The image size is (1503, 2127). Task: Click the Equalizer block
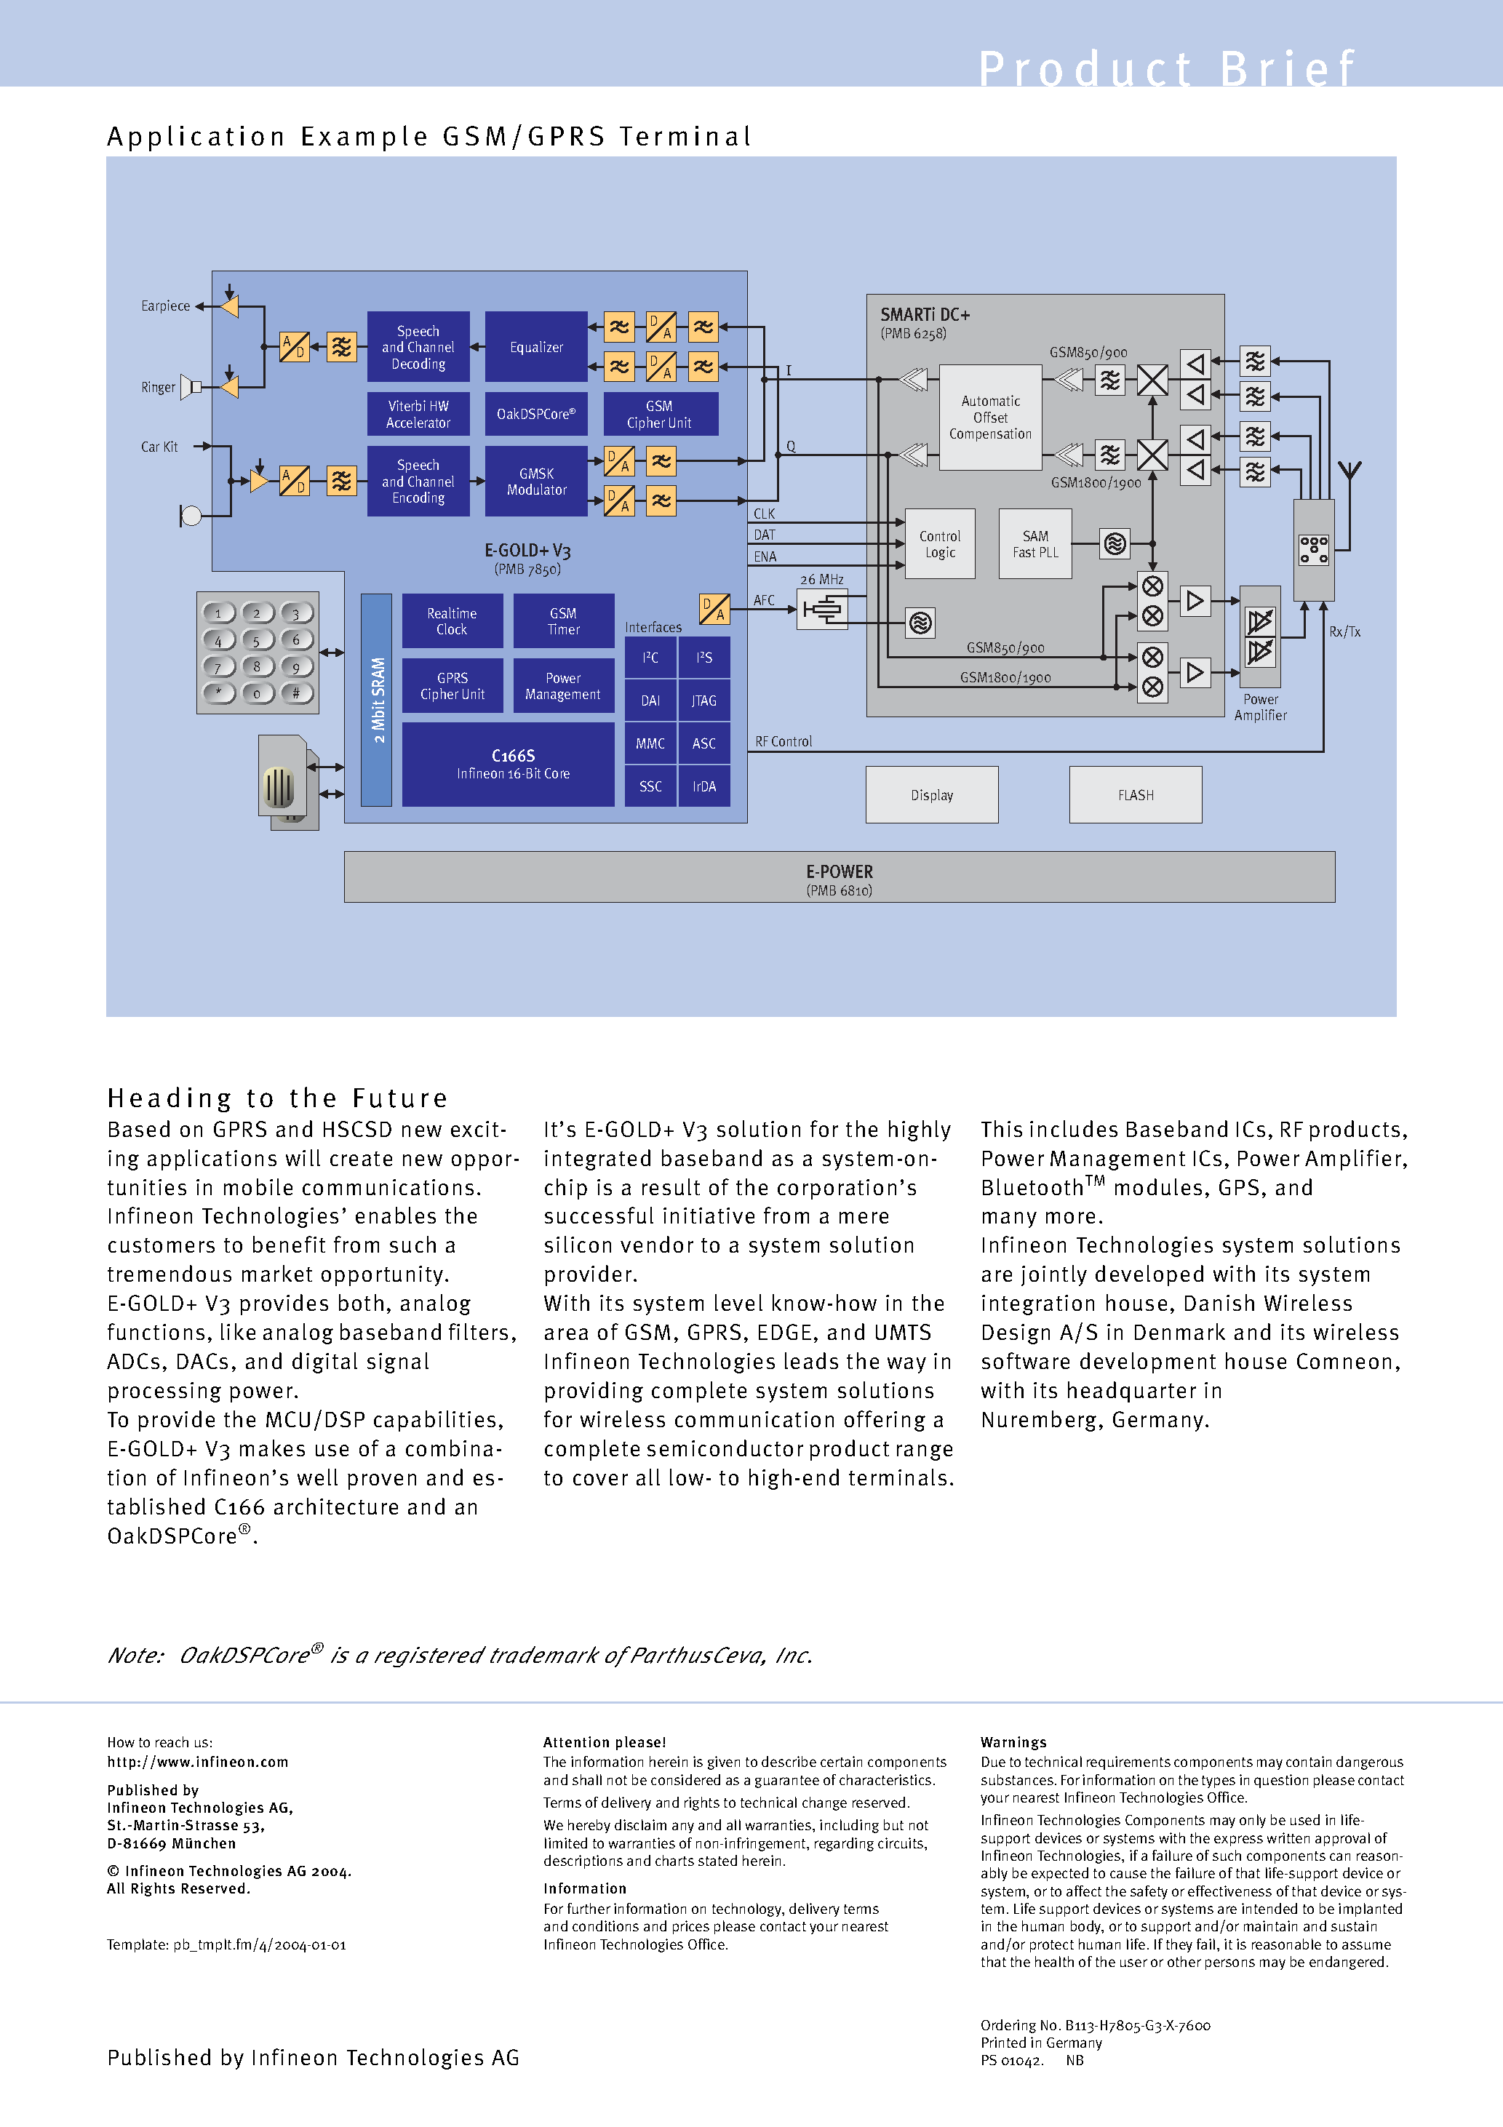coord(535,346)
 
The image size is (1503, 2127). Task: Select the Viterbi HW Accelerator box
coord(418,414)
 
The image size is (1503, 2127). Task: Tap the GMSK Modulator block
coord(535,481)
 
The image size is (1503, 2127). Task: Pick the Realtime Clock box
coord(453,620)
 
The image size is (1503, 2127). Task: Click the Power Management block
coord(562,685)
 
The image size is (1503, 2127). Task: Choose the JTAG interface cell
coord(703,701)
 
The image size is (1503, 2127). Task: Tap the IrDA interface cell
coord(703,786)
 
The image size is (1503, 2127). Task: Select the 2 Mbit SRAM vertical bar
coord(376,700)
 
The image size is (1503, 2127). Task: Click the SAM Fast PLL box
coord(1035,544)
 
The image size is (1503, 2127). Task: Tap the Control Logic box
coord(940,544)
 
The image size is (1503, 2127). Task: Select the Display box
coord(931,795)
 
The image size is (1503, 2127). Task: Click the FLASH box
coord(1135,795)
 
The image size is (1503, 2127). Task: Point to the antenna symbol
coord(1350,471)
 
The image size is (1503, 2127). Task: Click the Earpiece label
coord(165,306)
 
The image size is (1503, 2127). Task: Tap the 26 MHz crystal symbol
coord(822,610)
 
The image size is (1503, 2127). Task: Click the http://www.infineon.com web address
coord(197,1762)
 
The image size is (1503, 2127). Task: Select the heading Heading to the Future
coord(277,1098)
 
